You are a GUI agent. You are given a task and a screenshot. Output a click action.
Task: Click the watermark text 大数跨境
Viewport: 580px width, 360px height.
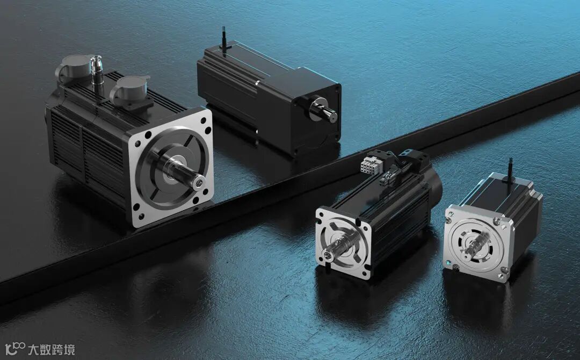(x=52, y=349)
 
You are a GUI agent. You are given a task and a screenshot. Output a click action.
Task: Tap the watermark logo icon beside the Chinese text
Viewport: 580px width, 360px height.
(x=15, y=349)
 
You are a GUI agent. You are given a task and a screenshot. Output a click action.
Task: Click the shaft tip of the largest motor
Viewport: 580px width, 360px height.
(x=199, y=182)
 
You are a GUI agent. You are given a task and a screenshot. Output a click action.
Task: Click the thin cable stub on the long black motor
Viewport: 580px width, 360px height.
(x=224, y=38)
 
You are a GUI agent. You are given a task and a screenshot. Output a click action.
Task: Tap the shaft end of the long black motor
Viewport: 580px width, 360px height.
(x=332, y=116)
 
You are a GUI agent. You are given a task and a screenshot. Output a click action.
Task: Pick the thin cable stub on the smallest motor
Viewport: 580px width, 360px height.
(x=511, y=170)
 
